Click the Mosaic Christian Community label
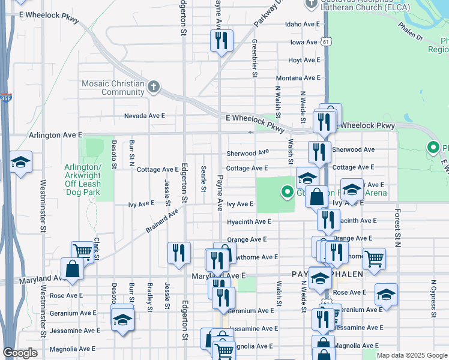(114, 88)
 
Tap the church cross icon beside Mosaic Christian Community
(153, 88)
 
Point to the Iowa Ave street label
(304, 43)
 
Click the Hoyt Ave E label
(304, 61)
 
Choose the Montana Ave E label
(298, 79)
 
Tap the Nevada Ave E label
(144, 116)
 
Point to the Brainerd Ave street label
(162, 221)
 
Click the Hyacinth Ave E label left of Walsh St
(249, 221)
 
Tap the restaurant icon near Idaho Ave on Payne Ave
(221, 40)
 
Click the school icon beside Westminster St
(21, 162)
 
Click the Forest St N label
(397, 228)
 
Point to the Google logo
(20, 353)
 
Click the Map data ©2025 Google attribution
(411, 355)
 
